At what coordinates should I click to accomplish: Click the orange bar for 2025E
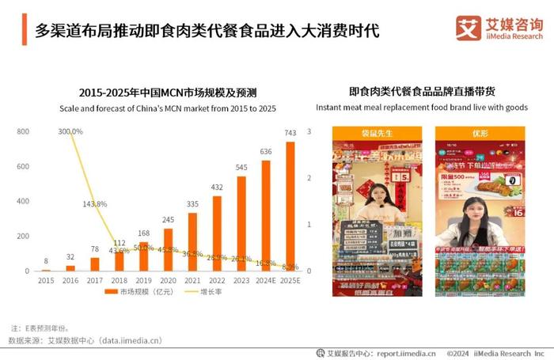pos(290,207)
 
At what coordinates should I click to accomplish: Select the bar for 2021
pos(192,242)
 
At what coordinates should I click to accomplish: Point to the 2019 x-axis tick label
pos(144,281)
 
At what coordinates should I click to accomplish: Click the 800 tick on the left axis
pos(23,131)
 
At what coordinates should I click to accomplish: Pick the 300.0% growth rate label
pos(70,131)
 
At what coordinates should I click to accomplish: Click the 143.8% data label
pos(95,203)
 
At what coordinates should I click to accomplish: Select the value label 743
pos(290,133)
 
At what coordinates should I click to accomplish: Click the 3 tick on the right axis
pos(309,131)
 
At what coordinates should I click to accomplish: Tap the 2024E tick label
pos(265,281)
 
